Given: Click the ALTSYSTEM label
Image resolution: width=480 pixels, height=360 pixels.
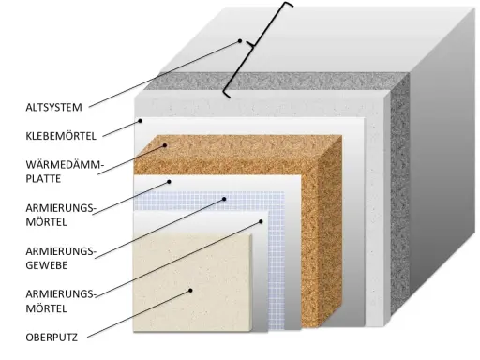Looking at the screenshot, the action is coord(53,107).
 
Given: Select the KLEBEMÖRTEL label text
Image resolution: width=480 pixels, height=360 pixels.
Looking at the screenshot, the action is coord(61,136).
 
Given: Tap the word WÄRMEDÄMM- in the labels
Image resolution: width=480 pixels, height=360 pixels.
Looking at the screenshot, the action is coord(65,164).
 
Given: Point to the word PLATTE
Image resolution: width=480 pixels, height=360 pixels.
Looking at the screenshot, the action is coord(43,179).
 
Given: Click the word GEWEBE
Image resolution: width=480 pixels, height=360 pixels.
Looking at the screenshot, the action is coord(47,265).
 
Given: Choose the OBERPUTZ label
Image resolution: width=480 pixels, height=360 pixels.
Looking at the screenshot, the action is coord(52,337).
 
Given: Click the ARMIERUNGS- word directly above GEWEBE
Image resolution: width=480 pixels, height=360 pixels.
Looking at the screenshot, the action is coord(61,251).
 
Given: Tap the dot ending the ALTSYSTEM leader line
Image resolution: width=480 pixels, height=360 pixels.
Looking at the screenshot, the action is coord(240,41).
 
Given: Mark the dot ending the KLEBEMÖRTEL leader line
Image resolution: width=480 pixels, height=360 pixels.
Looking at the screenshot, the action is coord(141,121).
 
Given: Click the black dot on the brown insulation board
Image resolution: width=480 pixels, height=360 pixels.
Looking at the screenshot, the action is coord(165,145).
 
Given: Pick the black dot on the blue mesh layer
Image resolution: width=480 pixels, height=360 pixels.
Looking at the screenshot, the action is coord(224,199).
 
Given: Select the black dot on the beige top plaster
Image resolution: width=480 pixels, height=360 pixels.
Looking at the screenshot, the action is coord(190,291).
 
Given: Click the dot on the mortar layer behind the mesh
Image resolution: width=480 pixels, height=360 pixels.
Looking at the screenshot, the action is coord(169,182).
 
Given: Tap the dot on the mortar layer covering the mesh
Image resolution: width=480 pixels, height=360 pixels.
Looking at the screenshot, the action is coord(261,221).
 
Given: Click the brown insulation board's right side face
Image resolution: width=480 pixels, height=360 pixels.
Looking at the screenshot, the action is coord(330,232).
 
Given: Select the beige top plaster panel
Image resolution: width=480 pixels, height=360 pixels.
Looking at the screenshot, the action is coord(192,282).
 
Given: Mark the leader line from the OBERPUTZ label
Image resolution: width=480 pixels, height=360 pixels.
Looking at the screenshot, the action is coord(139,314).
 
